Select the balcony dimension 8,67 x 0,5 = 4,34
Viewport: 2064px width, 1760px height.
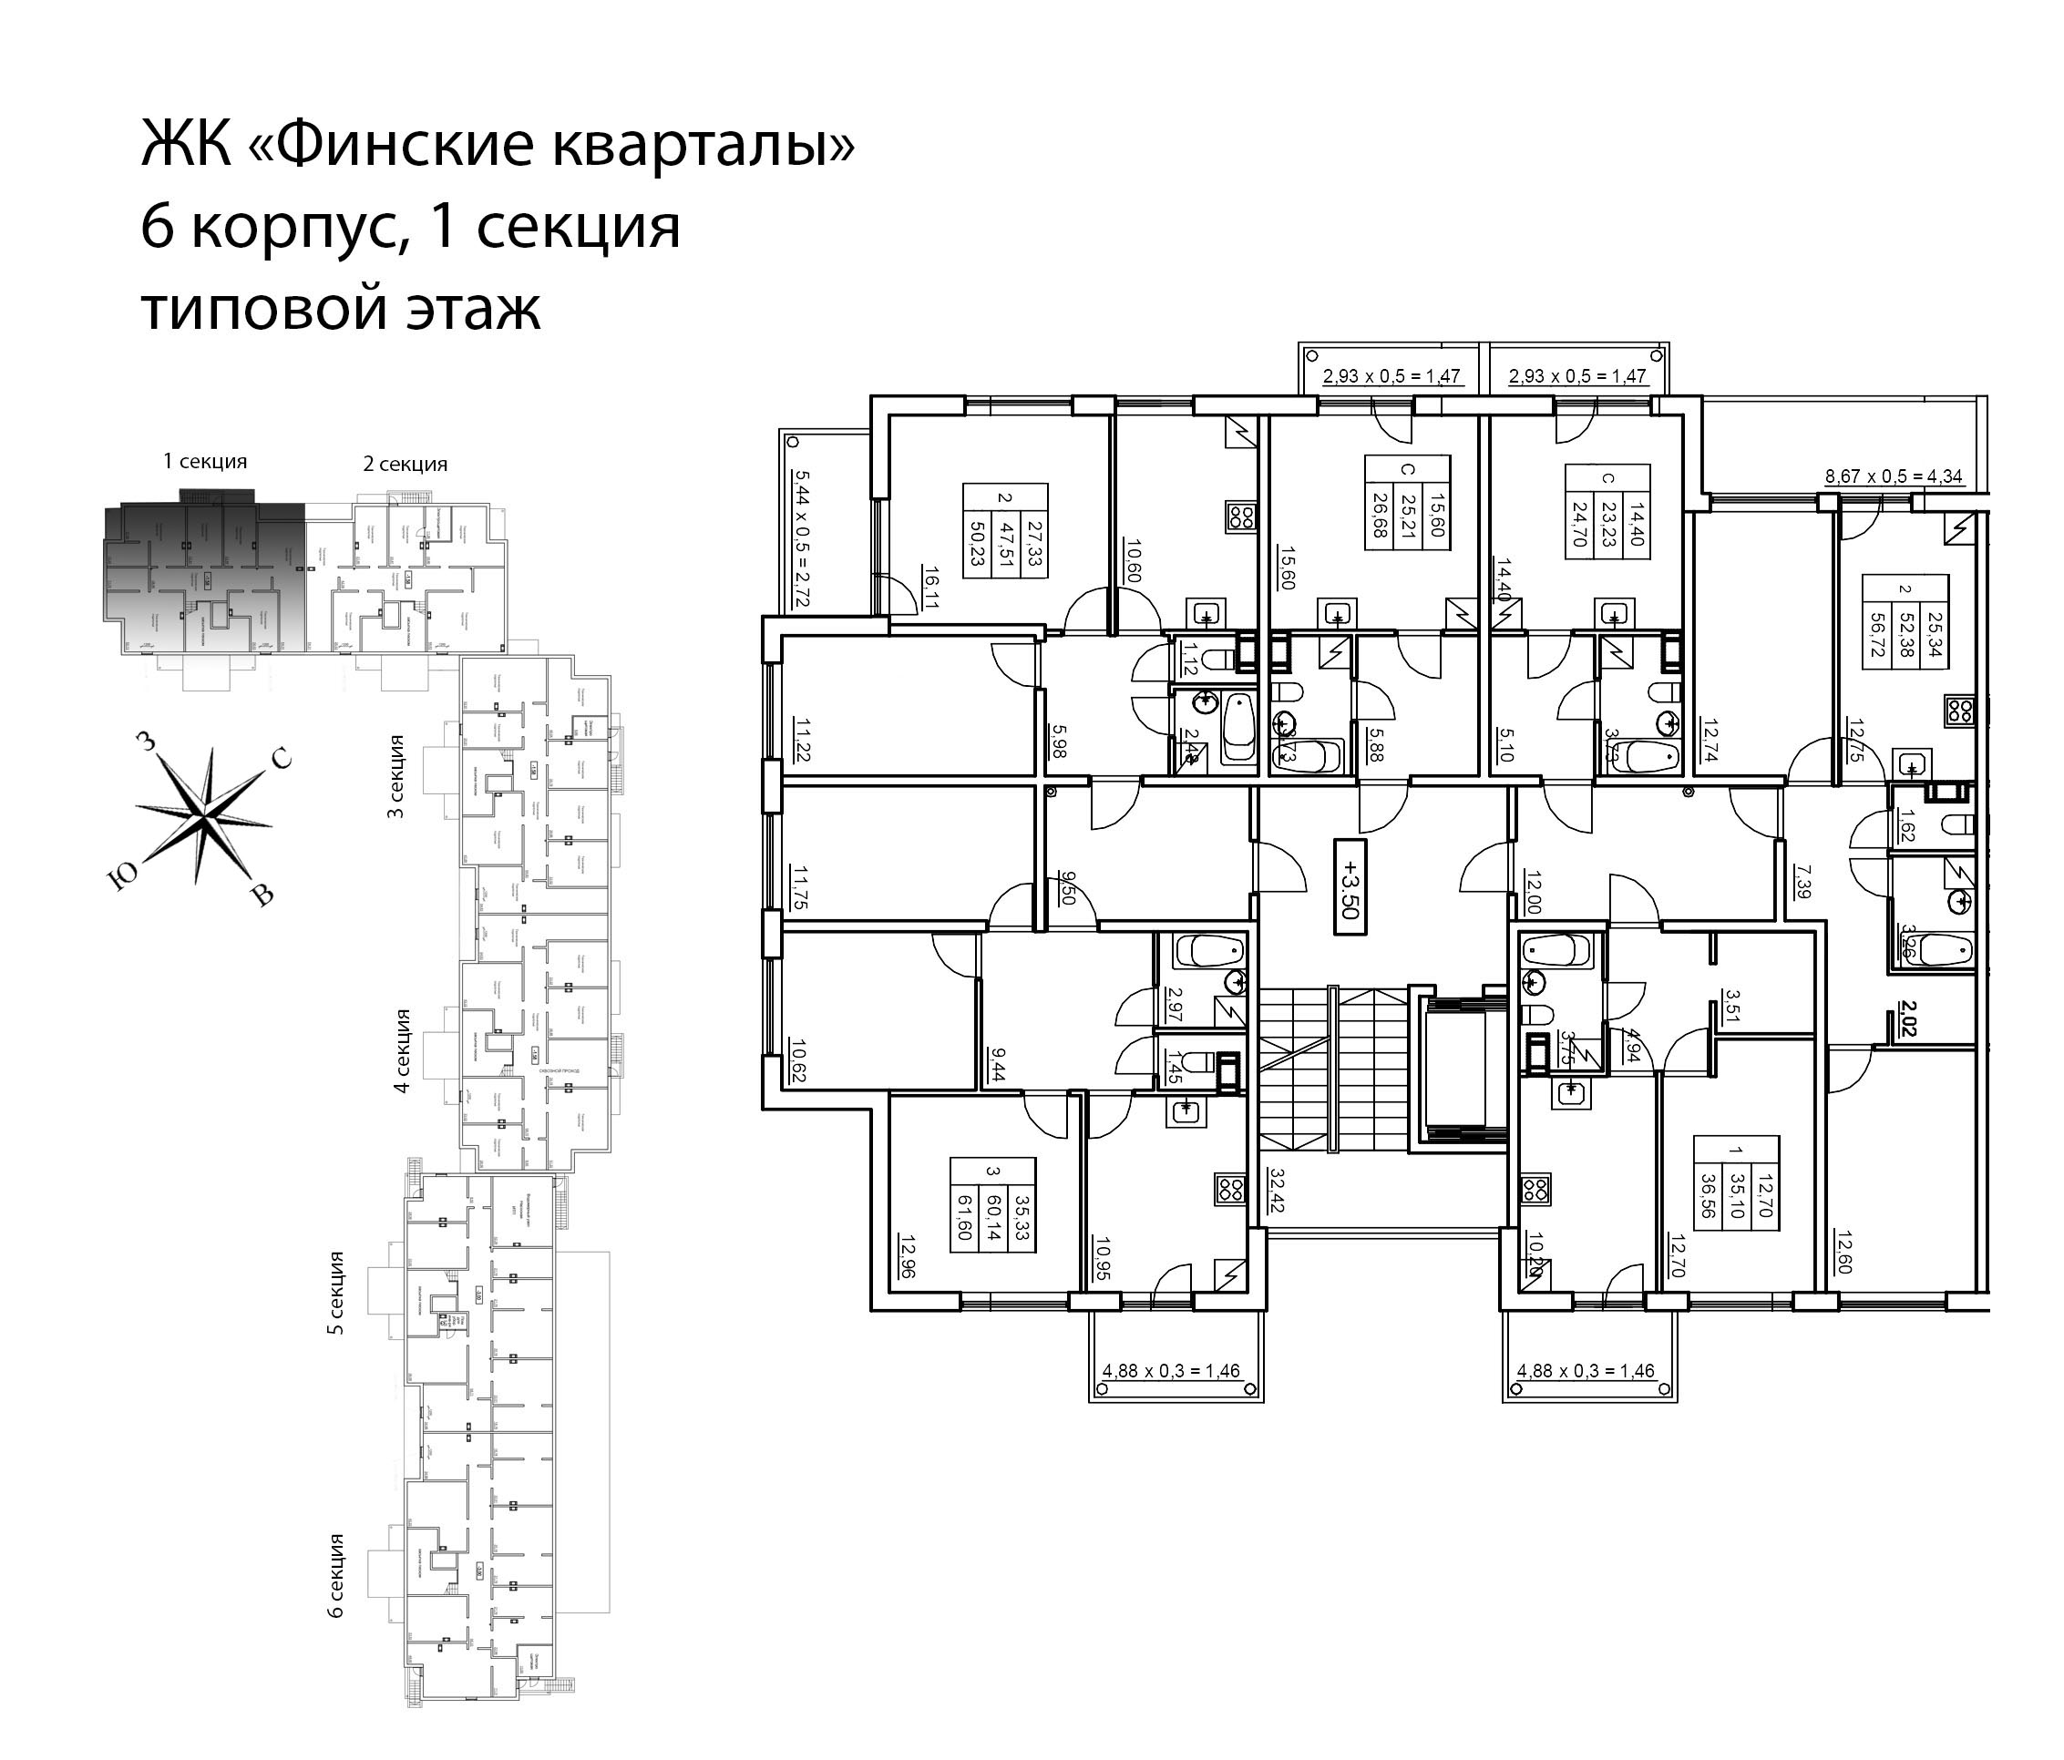(1893, 476)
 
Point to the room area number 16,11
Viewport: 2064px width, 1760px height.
(930, 588)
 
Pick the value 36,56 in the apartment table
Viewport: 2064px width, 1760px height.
(1710, 1192)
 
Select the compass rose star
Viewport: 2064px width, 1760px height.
(204, 815)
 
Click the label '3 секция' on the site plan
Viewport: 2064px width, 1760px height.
(395, 777)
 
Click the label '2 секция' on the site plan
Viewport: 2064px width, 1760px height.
(405, 465)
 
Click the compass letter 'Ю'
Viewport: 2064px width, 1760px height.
(121, 876)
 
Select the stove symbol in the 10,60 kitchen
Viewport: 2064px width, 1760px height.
(1241, 517)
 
